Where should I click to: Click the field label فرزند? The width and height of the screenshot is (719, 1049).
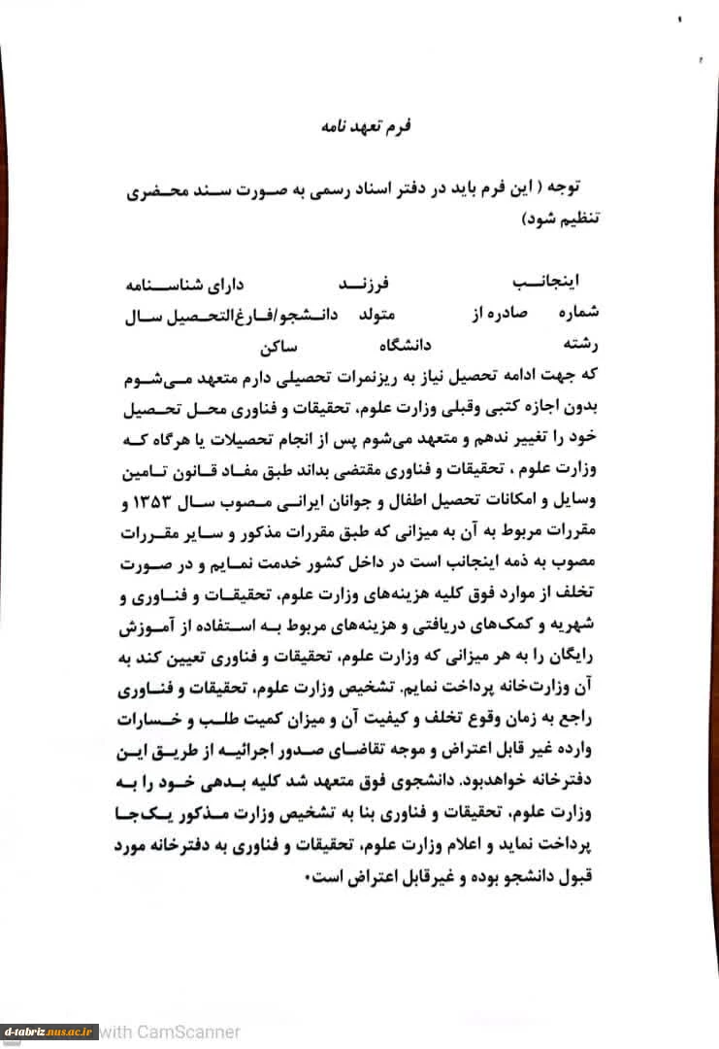pos(362,284)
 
